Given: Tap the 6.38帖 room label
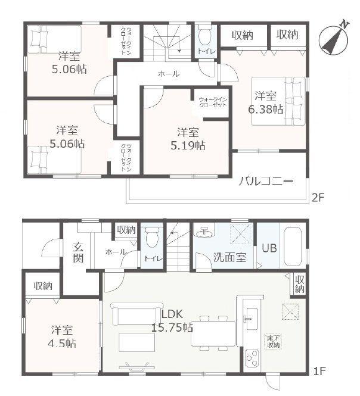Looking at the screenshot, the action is (265, 103).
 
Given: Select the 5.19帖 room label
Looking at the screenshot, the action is (188, 139).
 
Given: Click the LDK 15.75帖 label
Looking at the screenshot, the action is (172, 321).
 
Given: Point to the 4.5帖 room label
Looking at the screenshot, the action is (62, 336).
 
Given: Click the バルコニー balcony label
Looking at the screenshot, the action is (266, 181).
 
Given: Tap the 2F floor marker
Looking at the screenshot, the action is (318, 198).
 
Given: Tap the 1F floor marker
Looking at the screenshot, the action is (319, 371).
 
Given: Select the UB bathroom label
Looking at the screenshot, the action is (269, 248).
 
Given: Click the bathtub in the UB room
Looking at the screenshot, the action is (293, 247).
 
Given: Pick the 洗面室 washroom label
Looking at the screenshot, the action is (229, 257).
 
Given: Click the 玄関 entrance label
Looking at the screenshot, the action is (78, 252).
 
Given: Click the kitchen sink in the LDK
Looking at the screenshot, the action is (252, 319).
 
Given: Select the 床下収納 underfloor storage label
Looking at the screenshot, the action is (274, 341).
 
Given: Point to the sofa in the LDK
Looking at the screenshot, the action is (136, 313).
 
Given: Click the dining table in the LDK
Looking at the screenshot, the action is (213, 333).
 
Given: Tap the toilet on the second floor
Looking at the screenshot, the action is (205, 36).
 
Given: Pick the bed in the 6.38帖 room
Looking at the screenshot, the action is (278, 101).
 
